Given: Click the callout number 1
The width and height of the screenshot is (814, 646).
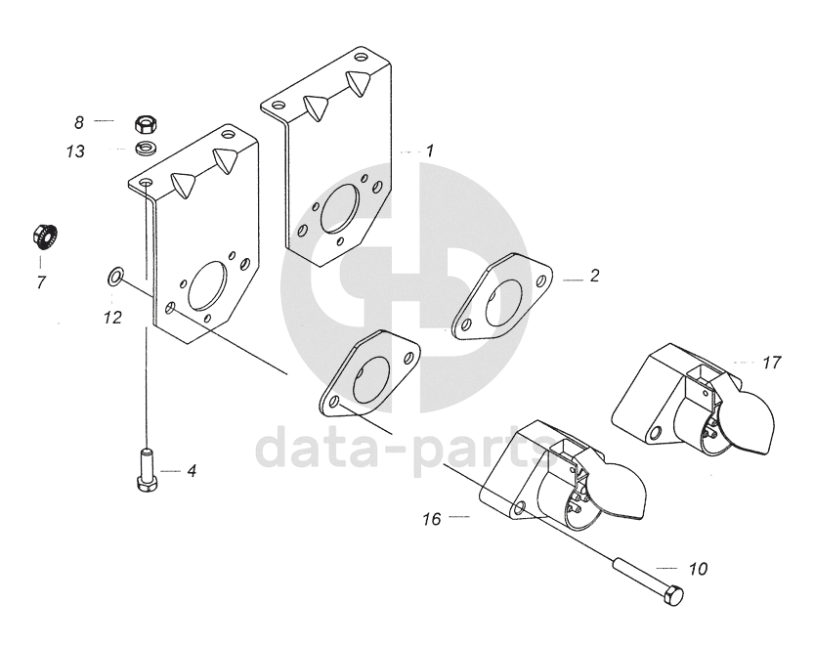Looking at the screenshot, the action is click(428, 151).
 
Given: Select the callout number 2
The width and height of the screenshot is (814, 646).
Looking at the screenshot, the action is click(593, 277).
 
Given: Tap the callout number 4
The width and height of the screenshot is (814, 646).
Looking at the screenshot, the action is click(192, 471).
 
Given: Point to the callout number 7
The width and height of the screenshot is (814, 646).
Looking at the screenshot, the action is click(41, 282).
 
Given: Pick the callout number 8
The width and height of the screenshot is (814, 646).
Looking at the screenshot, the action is click(79, 122).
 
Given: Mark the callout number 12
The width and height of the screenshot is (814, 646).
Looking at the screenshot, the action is click(113, 317).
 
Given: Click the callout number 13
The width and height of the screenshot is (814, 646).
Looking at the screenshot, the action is click(75, 152).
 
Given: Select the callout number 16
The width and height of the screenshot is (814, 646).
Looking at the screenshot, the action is click(433, 519).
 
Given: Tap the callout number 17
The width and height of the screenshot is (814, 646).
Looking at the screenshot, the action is click(771, 363).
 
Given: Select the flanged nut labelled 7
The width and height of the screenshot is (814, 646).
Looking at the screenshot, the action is click(42, 236).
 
